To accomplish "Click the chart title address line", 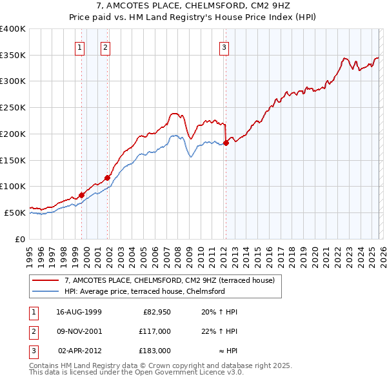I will (x=193, y=6).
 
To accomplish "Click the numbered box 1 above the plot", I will (x=79, y=46).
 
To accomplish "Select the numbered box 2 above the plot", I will (x=104, y=46).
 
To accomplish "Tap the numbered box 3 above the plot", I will (x=224, y=46).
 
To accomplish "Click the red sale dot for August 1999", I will (x=82, y=195).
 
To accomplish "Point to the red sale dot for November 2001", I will (x=107, y=177).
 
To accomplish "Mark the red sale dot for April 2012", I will (x=226, y=142).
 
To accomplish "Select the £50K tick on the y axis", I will (x=15, y=212).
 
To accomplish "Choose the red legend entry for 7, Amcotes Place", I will (x=170, y=280).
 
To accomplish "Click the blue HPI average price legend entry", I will (x=144, y=291).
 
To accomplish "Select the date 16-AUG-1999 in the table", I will (x=79, y=312).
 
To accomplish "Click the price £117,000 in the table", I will (x=155, y=331).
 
